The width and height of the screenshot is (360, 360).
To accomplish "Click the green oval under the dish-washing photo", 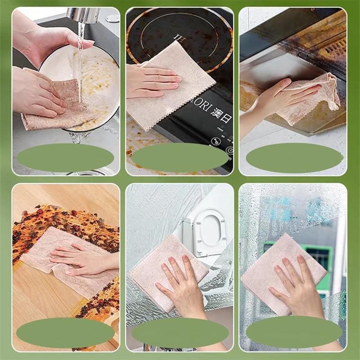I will pyautogui.click(x=66, y=157).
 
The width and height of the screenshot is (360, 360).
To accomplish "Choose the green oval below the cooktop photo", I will pyautogui.click(x=180, y=157).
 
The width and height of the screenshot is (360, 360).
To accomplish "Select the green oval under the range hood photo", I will pyautogui.click(x=294, y=157).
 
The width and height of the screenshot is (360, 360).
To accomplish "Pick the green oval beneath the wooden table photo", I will pyautogui.click(x=66, y=333).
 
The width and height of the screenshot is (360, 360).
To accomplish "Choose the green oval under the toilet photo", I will pyautogui.click(x=180, y=333).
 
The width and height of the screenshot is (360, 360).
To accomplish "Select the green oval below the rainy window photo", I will pyautogui.click(x=294, y=332).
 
